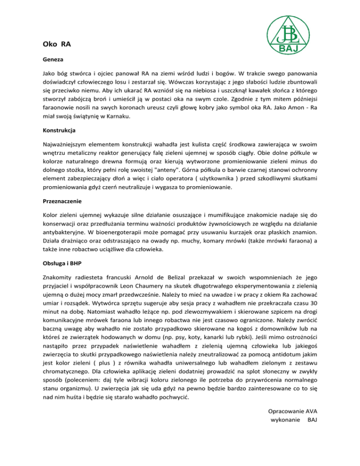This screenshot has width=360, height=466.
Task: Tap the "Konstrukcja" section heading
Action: click(x=59, y=128)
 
